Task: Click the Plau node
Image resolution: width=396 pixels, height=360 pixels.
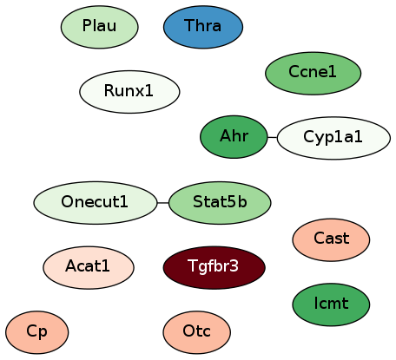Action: (100, 27)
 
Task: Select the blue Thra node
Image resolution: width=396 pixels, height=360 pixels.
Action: (203, 27)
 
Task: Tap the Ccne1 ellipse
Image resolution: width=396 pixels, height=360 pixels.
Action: (313, 73)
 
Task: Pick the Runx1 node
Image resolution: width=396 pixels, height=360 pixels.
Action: (129, 92)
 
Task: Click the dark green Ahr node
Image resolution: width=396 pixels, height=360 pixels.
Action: (234, 137)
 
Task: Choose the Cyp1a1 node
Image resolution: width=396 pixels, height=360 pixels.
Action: (333, 138)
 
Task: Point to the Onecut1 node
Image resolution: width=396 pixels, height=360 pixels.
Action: (96, 203)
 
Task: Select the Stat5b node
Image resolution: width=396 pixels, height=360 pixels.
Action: (220, 203)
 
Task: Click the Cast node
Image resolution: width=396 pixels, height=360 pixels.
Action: (331, 239)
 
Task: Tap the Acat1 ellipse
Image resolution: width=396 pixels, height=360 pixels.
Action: (89, 267)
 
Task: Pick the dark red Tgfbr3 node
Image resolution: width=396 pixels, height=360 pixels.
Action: (214, 267)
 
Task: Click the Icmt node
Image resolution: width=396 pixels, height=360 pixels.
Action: (331, 304)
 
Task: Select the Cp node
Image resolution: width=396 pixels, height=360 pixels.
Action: (37, 332)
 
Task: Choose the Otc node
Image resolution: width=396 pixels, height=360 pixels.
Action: (197, 332)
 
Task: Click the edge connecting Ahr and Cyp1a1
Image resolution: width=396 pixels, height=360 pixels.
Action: (272, 137)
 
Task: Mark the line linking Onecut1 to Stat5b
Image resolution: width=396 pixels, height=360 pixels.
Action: (163, 203)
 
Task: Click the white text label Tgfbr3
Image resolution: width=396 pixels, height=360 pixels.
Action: (213, 266)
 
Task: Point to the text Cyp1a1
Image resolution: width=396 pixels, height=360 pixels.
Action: (333, 137)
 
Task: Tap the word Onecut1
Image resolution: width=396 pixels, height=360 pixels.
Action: (95, 201)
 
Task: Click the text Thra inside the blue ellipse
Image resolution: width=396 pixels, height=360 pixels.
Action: (202, 25)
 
